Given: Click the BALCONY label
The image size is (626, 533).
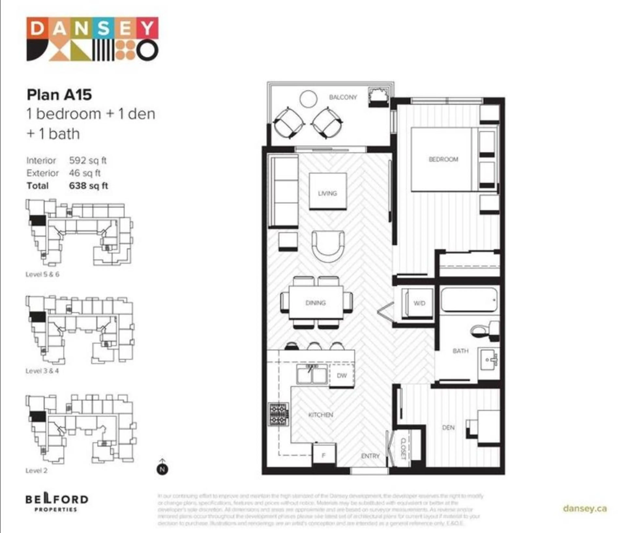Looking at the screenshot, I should pos(343,97).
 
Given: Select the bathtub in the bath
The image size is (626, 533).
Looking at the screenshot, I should pos(469,300).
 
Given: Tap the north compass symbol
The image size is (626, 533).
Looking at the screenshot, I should pos(162,469).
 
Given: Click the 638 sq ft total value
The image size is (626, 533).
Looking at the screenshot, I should pos(88,186).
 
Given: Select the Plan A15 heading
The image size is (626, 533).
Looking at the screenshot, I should pos(59,95).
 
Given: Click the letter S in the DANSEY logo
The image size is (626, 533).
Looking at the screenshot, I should pos(103,28).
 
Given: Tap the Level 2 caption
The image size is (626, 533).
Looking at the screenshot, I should pos(36,470).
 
